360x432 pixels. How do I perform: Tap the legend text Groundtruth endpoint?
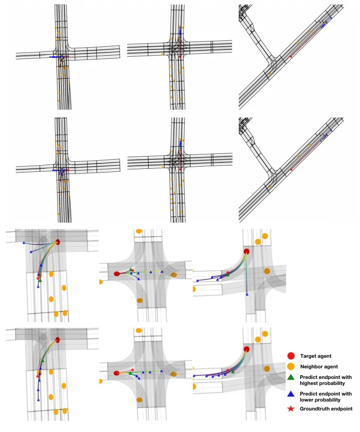(x=326, y=409)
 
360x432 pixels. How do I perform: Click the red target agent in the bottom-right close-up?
(x=246, y=349)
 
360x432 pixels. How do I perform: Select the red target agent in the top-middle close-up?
(x=117, y=274)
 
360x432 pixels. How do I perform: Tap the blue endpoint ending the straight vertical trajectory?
(x=247, y=293)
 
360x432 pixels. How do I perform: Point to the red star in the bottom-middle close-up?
(x=132, y=369)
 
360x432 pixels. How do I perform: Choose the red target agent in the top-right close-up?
(x=246, y=252)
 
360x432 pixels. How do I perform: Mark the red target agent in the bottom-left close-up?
(x=57, y=339)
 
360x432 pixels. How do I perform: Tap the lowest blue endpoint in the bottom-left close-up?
(x=38, y=399)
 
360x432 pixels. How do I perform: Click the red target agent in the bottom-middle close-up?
(x=116, y=373)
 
